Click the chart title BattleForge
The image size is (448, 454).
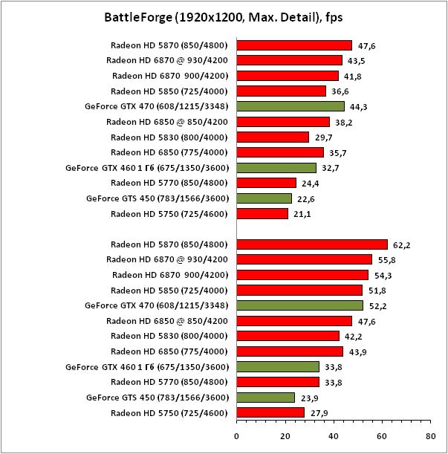(223, 16)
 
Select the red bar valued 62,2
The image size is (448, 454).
(312, 244)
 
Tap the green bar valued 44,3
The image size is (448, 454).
(290, 106)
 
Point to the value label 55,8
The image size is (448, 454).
(387, 259)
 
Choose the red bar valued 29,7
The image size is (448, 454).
(273, 137)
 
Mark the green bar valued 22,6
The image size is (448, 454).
(264, 198)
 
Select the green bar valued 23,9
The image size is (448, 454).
(265, 398)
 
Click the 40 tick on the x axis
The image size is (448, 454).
(334, 437)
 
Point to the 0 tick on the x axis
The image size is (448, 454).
(236, 437)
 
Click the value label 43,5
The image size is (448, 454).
(357, 60)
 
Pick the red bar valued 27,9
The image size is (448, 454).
(270, 412)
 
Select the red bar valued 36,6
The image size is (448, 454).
(281, 91)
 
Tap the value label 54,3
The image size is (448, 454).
(383, 275)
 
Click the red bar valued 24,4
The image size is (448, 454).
(266, 183)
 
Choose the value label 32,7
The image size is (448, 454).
(331, 168)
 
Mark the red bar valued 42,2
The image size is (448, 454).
(288, 336)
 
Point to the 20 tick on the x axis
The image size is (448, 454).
(285, 437)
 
